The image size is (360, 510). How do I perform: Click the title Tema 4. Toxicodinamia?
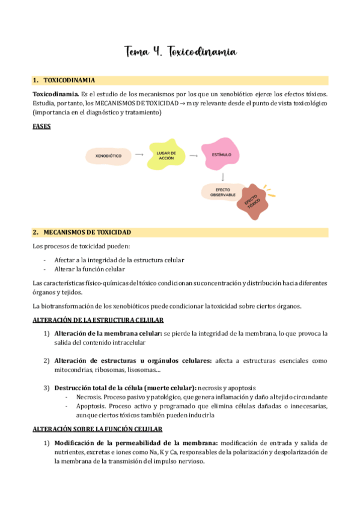click(x=180, y=52)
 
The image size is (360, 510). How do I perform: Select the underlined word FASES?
click(x=41, y=126)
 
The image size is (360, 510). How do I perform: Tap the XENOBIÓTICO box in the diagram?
click(x=108, y=156)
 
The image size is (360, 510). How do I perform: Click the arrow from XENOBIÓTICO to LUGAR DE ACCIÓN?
click(x=139, y=155)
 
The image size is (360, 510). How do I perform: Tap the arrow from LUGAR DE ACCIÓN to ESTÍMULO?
click(x=194, y=155)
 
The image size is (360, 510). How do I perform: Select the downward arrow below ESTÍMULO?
click(x=223, y=176)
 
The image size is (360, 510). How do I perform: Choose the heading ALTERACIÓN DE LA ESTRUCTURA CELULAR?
click(x=97, y=320)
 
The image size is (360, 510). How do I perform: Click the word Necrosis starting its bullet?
click(x=88, y=397)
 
